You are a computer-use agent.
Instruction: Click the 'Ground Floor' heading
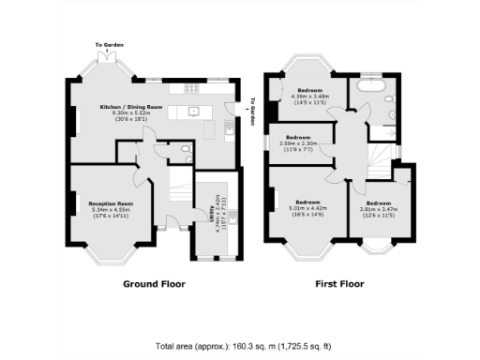[x=155, y=283]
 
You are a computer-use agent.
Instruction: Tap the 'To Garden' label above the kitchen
[x=109, y=44]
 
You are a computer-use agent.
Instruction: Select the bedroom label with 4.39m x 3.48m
[x=310, y=91]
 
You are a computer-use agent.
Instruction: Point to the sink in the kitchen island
[x=194, y=111]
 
